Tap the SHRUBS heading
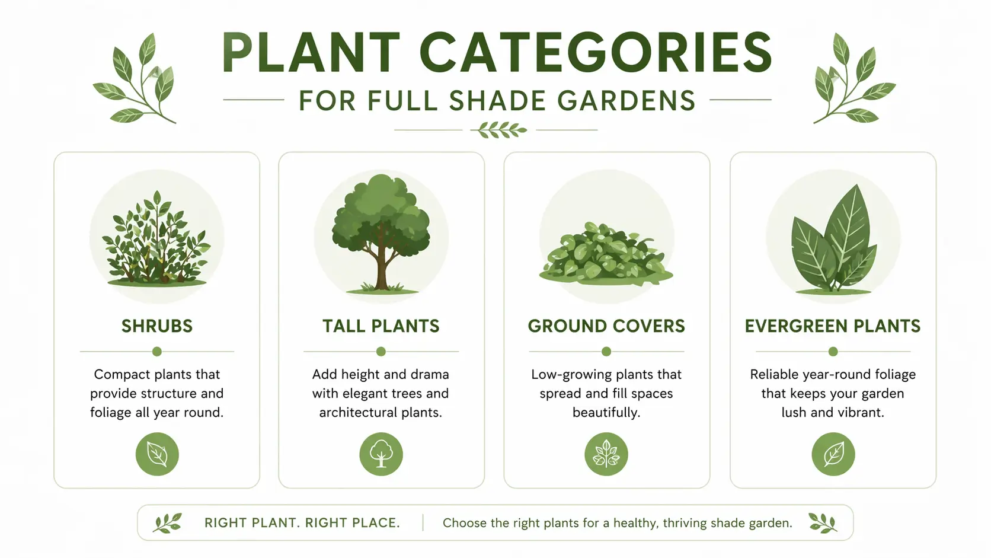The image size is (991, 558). [157, 326]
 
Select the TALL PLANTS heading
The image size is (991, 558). [381, 326]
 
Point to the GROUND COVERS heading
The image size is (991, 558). [606, 326]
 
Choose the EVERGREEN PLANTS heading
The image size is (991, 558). [833, 326]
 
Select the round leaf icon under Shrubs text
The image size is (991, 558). [157, 454]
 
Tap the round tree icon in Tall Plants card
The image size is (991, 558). [381, 454]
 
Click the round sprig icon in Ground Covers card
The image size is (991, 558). [606, 454]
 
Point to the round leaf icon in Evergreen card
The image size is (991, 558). [833, 454]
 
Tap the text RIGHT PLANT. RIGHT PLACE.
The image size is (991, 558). [302, 523]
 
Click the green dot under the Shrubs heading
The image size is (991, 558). [157, 352]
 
